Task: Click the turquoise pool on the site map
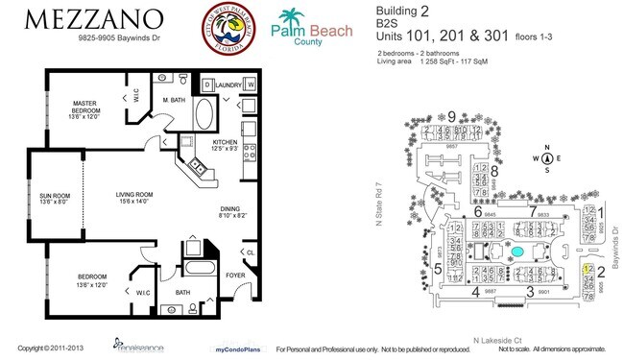[517, 252]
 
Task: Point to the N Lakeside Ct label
[496, 339]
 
